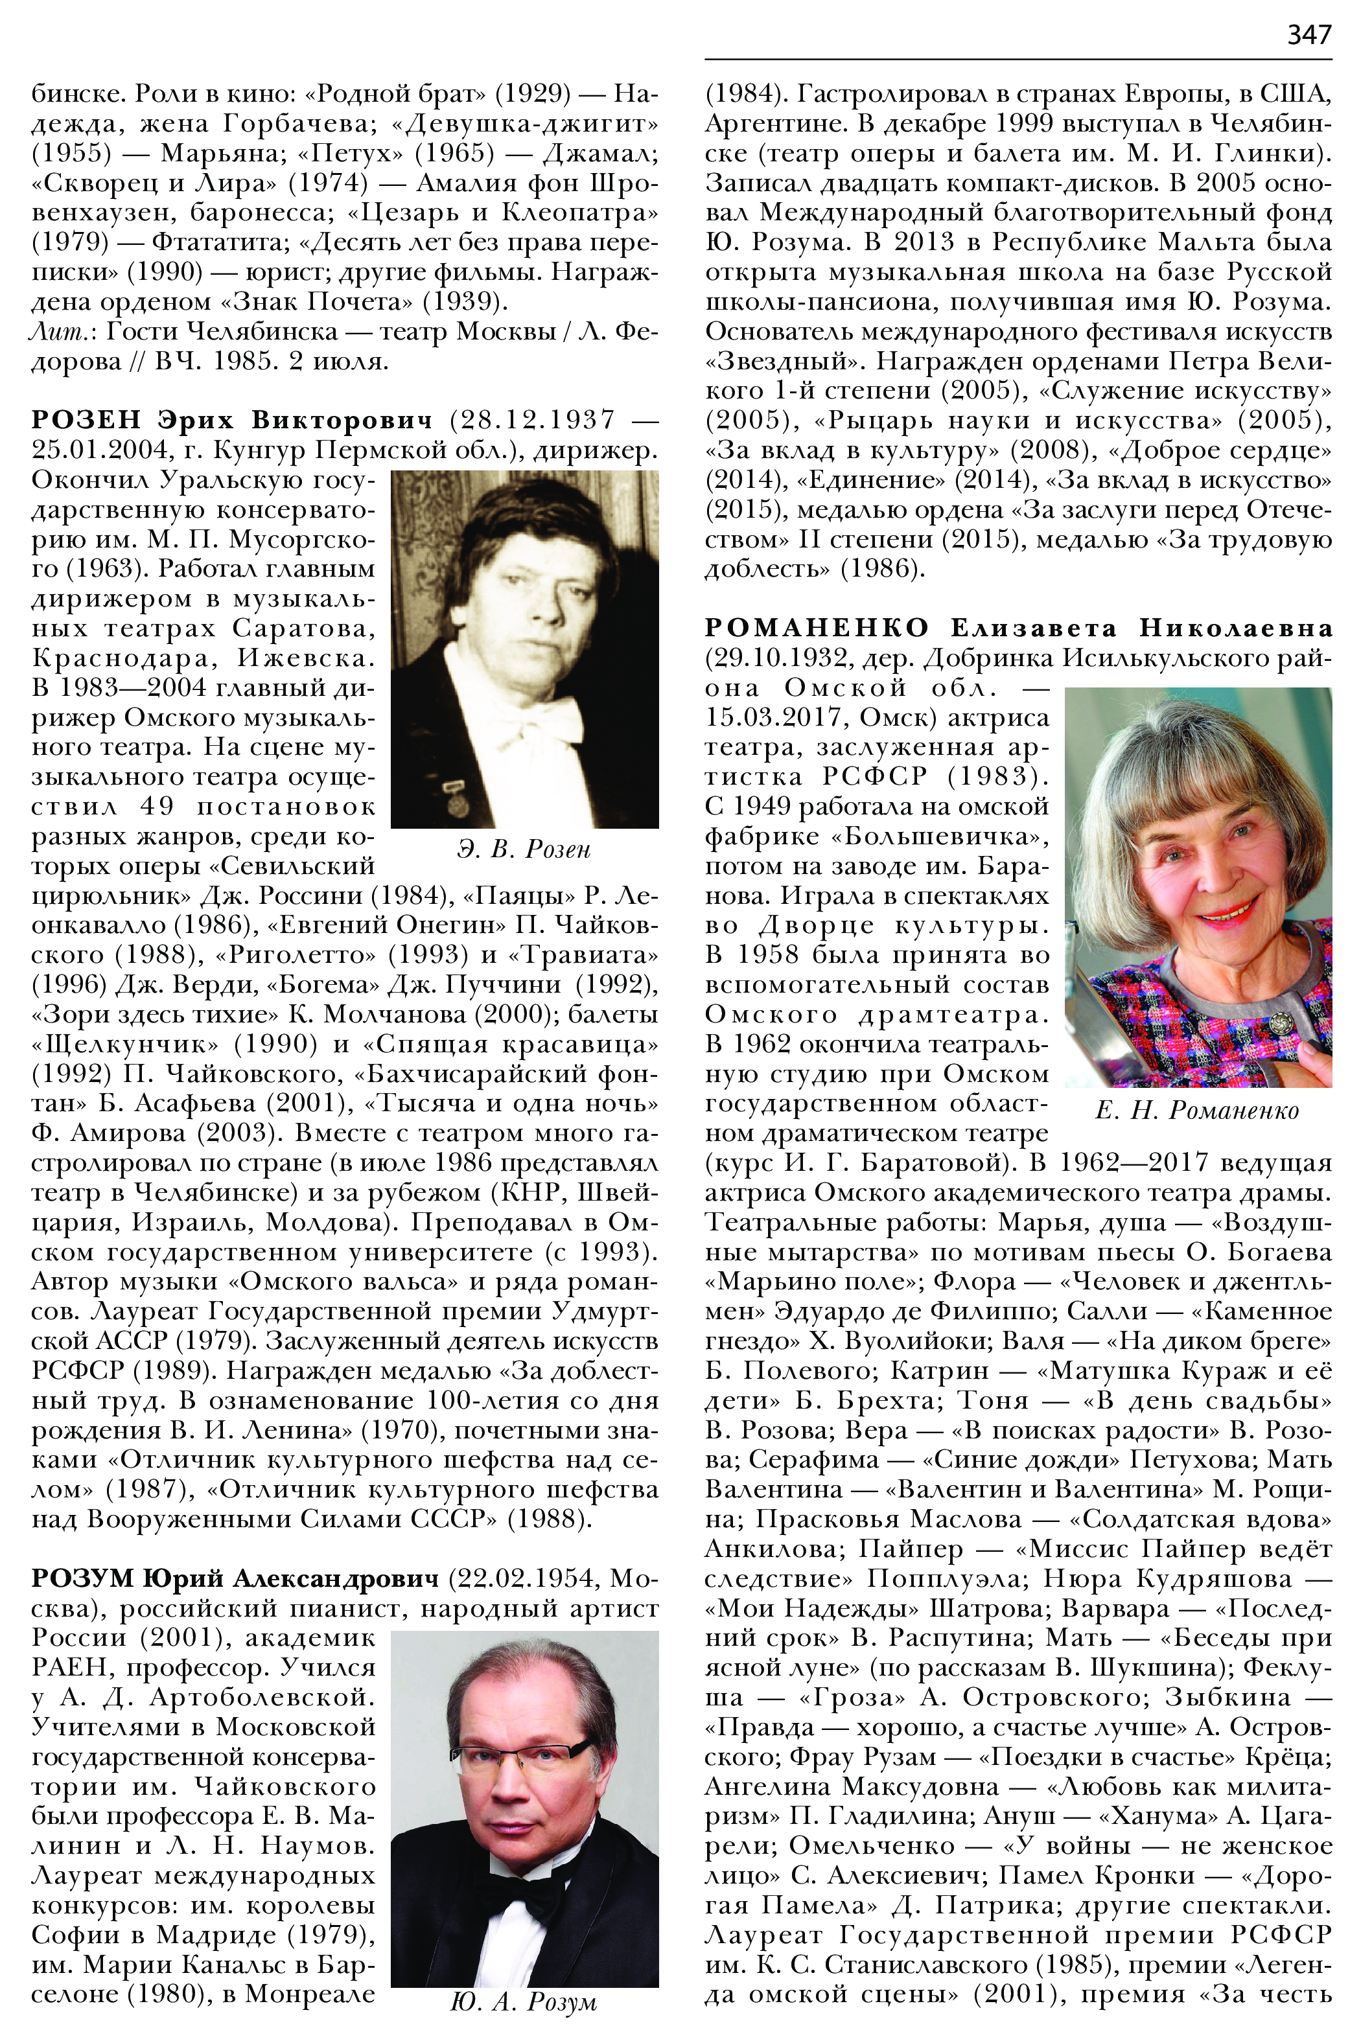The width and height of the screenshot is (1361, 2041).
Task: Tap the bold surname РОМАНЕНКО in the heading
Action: (817, 627)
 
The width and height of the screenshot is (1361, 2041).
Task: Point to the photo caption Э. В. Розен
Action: (524, 849)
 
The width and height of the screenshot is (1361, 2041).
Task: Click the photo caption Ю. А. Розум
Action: (524, 2002)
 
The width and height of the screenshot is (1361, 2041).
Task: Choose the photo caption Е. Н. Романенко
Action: (1197, 1110)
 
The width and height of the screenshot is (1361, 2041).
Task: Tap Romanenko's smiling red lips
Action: (1227, 910)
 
